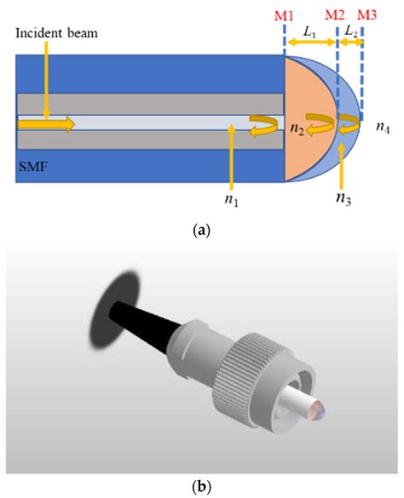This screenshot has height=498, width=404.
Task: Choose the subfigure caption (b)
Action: tap(202, 488)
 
